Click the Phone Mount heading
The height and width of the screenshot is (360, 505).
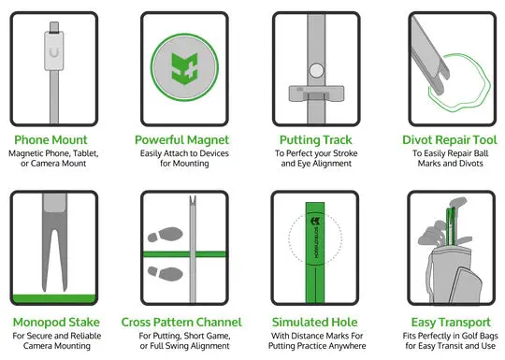point(58,140)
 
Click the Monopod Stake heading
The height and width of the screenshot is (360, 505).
point(58,321)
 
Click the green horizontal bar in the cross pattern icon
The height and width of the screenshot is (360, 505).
point(215,253)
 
